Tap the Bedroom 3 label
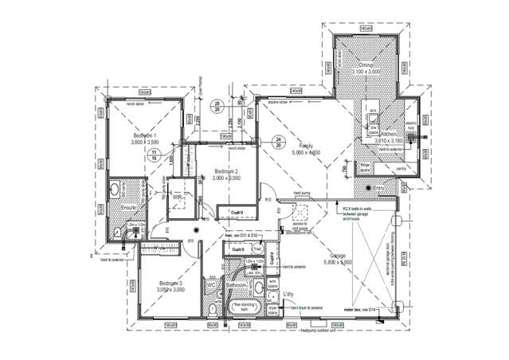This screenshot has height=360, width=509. pyautogui.click(x=170, y=284)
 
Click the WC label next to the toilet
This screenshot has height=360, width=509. pyautogui.click(x=212, y=284)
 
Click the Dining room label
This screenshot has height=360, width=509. pyautogui.click(x=366, y=65)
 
